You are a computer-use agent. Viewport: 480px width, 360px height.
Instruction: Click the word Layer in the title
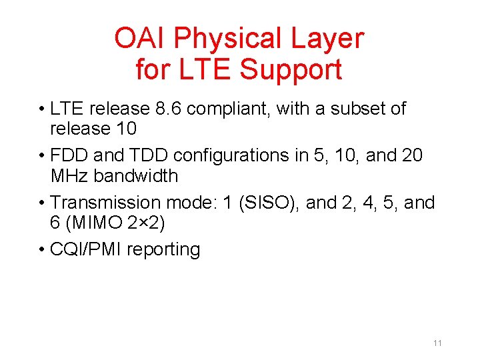tap(329, 39)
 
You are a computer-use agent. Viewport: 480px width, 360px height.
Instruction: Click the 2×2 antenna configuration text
tap(149, 223)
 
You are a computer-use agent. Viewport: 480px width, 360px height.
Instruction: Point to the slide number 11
tap(437, 343)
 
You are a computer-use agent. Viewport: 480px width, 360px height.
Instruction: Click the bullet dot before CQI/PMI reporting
tap(42, 250)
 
